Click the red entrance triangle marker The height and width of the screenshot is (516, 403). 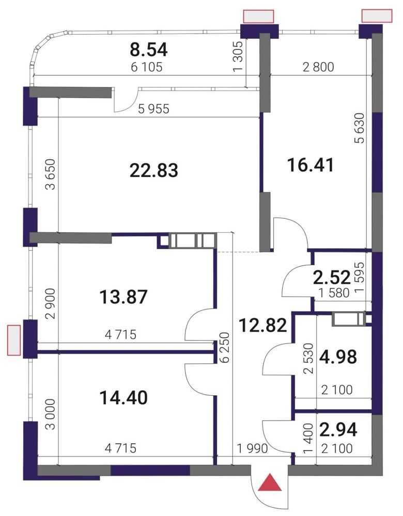270,483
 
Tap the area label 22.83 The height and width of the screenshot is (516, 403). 154,170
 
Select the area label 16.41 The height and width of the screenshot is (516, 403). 311,165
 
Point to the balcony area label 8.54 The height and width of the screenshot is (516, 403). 149,50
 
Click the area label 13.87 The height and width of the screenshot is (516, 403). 123,297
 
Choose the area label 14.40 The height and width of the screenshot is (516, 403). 123,397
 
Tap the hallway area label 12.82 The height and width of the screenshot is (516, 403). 263,326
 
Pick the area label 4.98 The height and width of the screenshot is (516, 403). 338,357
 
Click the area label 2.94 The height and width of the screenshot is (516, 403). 338,429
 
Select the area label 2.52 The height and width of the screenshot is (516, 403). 332,278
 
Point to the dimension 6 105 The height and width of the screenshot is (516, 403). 147,67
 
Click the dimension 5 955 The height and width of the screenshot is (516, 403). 153,108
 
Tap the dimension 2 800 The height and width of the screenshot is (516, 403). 318,67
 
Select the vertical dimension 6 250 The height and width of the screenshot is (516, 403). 224,347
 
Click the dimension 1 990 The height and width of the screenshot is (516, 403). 253,448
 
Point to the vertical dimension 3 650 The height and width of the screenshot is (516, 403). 51,174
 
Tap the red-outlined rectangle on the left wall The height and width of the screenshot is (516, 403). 14,340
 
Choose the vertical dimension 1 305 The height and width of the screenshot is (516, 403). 238,56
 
